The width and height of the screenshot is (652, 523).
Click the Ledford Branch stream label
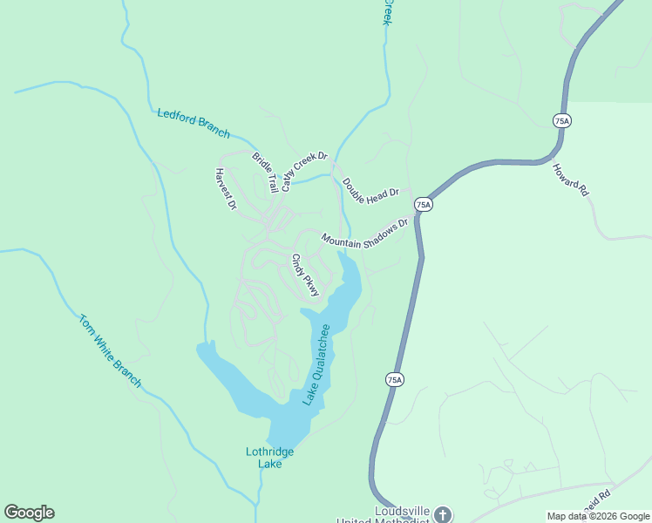[x=194, y=123]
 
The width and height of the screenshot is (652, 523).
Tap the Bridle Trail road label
[x=265, y=172]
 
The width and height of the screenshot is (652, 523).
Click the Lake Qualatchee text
[x=316, y=364]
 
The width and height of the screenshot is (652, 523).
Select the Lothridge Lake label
[x=269, y=458]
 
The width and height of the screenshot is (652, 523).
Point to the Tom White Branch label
[x=110, y=350]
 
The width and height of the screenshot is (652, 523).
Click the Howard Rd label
[x=571, y=179]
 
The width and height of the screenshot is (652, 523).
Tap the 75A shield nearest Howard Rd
[x=562, y=121]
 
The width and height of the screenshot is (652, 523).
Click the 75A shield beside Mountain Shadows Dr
[x=424, y=205]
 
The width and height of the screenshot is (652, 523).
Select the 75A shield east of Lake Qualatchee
[x=394, y=379]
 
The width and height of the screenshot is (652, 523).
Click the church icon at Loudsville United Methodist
[x=444, y=514]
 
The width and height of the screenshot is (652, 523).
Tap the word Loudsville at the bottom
[x=403, y=510]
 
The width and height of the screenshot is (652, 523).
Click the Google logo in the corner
[x=29, y=513]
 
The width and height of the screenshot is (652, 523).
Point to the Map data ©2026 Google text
[x=598, y=516]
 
